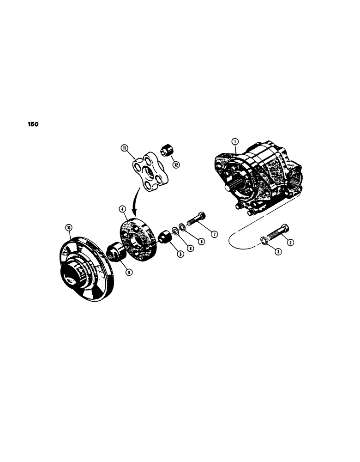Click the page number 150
coord(32,124)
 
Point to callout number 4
coord(123,209)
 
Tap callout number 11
coord(124,148)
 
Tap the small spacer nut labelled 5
coord(165,239)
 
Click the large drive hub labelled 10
coord(86,268)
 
